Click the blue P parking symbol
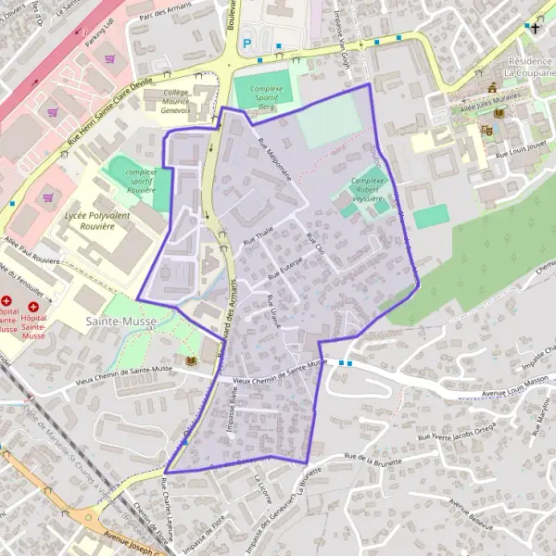click(246, 43)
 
